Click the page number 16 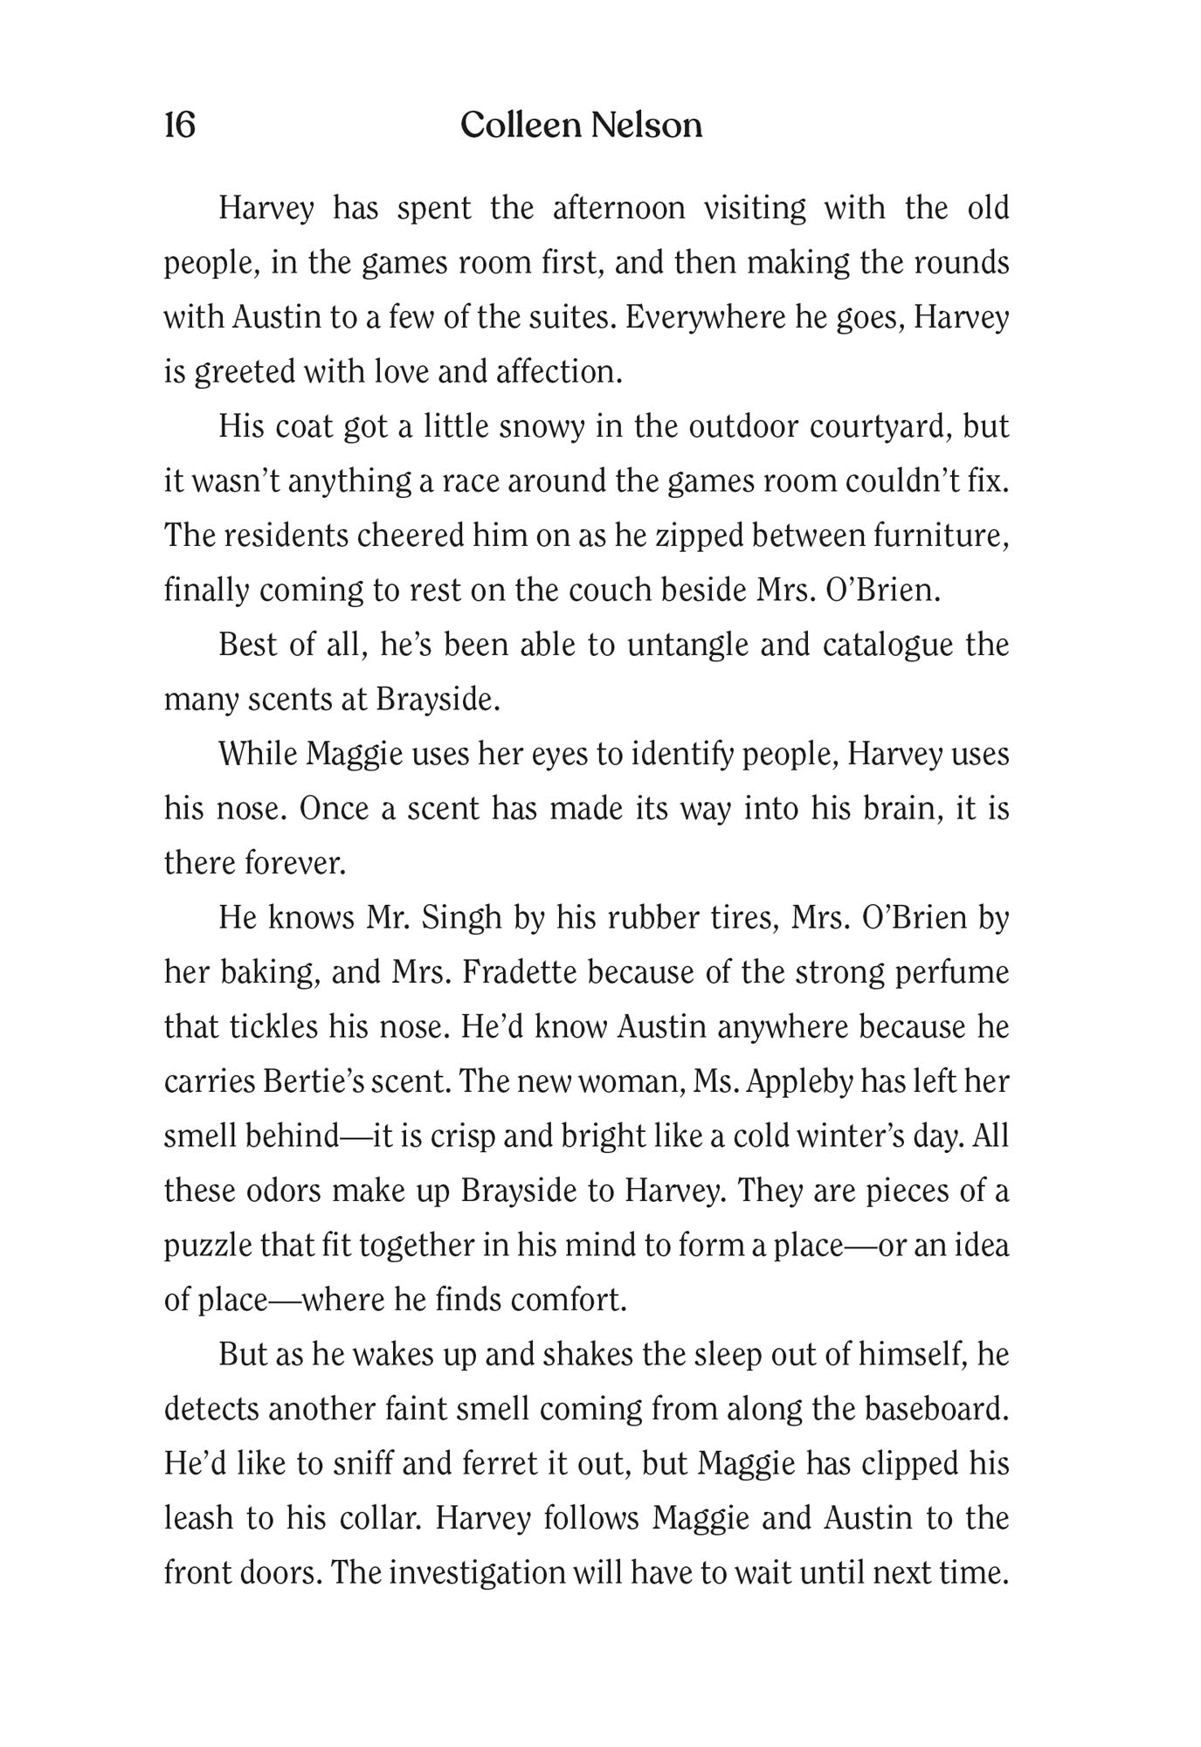point(180,126)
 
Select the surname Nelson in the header point(646,126)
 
